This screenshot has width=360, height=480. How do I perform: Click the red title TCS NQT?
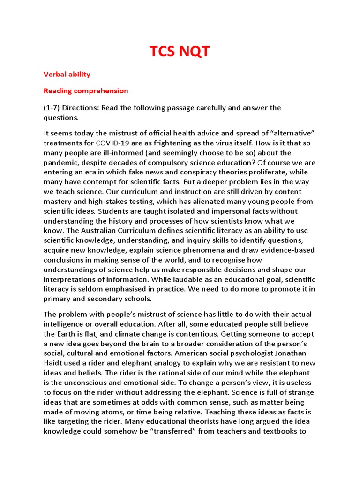180,52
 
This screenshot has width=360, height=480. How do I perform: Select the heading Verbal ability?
67,74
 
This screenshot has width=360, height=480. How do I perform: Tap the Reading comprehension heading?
86,91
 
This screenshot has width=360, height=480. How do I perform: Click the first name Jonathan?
290,353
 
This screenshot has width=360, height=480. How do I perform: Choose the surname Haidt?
54,363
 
